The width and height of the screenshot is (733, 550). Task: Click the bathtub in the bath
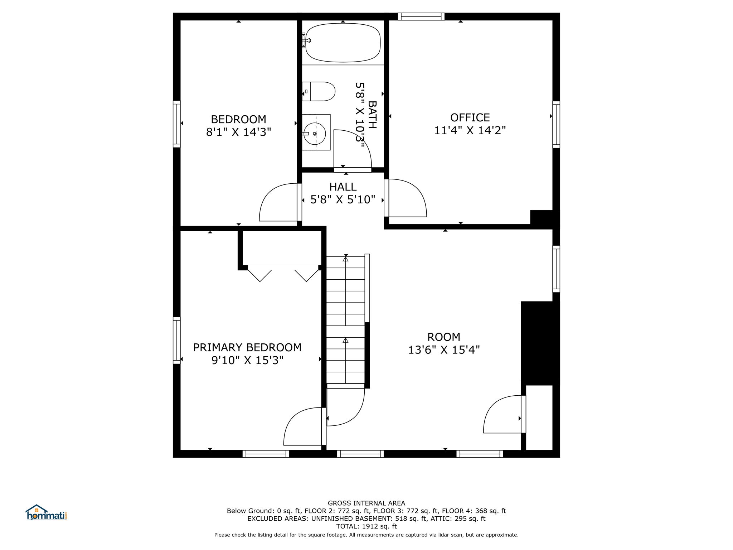343,42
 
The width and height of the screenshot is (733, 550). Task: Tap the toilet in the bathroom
319,91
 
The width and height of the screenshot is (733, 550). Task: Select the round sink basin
315,134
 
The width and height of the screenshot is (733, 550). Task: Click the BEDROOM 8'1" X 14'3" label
238,126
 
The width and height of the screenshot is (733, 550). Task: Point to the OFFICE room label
470,117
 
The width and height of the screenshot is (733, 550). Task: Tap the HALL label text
343,187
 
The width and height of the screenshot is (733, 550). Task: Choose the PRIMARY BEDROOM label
247,347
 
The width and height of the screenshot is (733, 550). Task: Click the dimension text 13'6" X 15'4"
444,350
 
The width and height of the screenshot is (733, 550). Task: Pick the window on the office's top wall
421,16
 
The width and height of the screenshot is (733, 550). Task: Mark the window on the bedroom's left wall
177,124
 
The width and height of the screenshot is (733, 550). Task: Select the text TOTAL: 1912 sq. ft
366,526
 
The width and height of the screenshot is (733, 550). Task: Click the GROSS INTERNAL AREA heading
366,503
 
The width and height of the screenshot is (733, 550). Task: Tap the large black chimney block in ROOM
540,343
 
